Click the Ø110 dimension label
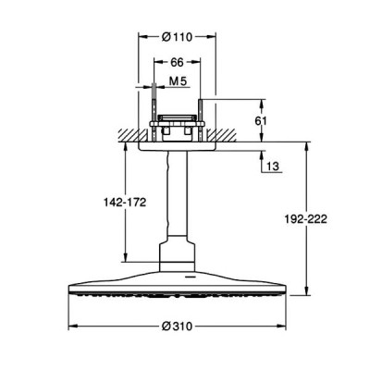click(x=177, y=37)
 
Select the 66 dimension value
click(x=177, y=63)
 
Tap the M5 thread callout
click(x=179, y=81)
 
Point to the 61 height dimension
click(x=261, y=121)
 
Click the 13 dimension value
click(x=273, y=166)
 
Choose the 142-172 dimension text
click(x=125, y=203)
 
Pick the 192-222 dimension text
click(x=305, y=219)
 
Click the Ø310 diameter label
click(x=177, y=327)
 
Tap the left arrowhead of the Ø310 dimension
click(x=72, y=326)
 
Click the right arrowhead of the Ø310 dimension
click(x=282, y=326)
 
